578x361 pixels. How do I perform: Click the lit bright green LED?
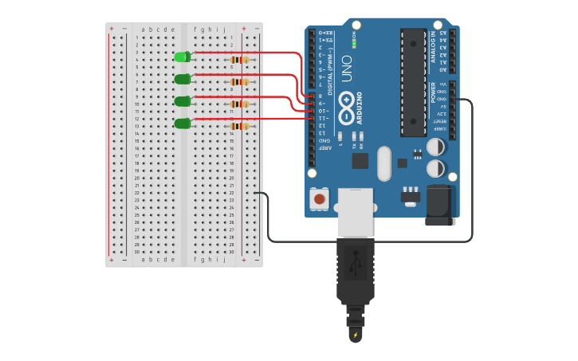pos(182,57)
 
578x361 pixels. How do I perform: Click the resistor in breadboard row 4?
pos(239,60)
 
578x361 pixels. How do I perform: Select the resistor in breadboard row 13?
pos(239,126)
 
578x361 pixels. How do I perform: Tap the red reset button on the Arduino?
pos(320,198)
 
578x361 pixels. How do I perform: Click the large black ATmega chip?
pos(413,82)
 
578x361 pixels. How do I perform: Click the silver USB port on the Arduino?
pos(355,212)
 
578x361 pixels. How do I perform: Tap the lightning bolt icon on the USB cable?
pos(355,335)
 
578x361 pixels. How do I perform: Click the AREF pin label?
pos(324,148)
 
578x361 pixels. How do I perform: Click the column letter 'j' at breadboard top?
pos(223,29)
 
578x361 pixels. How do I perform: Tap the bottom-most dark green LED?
pos(182,124)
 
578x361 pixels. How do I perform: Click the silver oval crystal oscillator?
pos(384,163)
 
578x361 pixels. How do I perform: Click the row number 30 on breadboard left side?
pos(136,252)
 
